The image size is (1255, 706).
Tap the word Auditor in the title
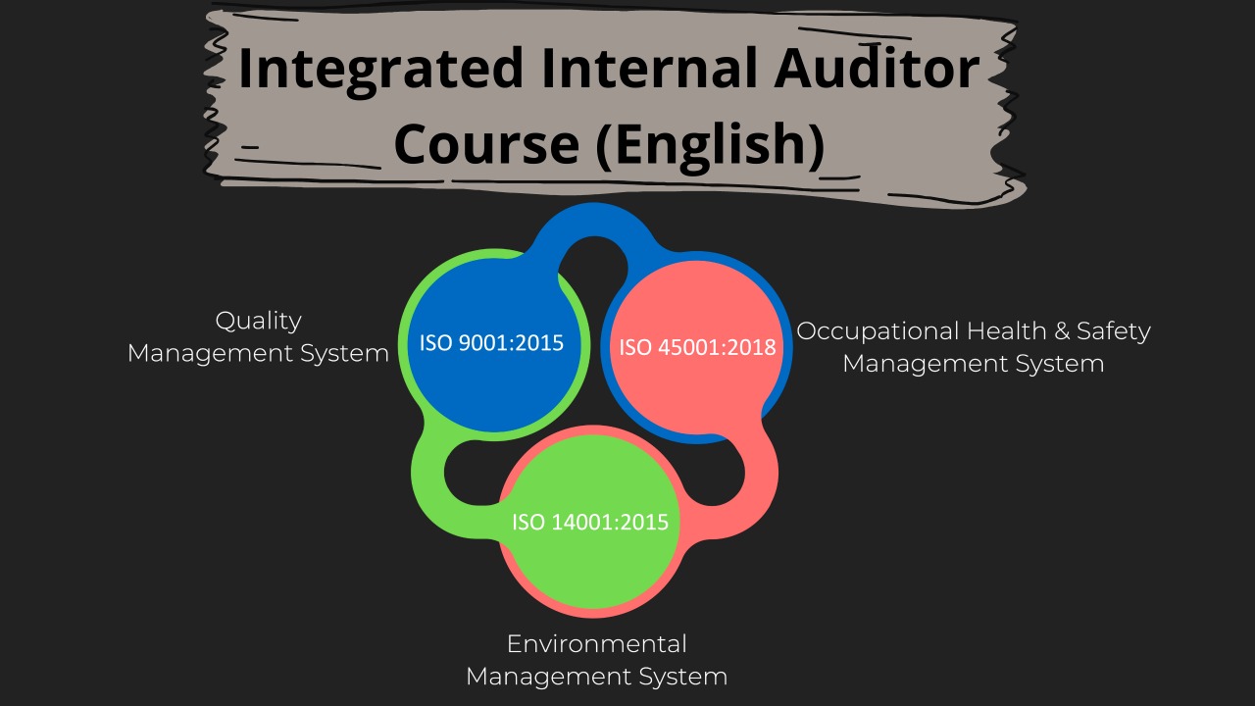pos(877,68)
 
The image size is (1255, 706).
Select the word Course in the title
pos(486,144)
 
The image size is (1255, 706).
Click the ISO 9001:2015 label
pos(491,343)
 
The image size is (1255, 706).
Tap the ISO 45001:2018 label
pos(697,347)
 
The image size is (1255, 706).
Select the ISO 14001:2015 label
pos(590,523)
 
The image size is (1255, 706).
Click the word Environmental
pos(597,644)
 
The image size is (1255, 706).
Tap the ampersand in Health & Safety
pos(1062,330)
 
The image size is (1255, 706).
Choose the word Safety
pos(1114,332)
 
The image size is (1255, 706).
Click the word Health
pos(1007,330)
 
